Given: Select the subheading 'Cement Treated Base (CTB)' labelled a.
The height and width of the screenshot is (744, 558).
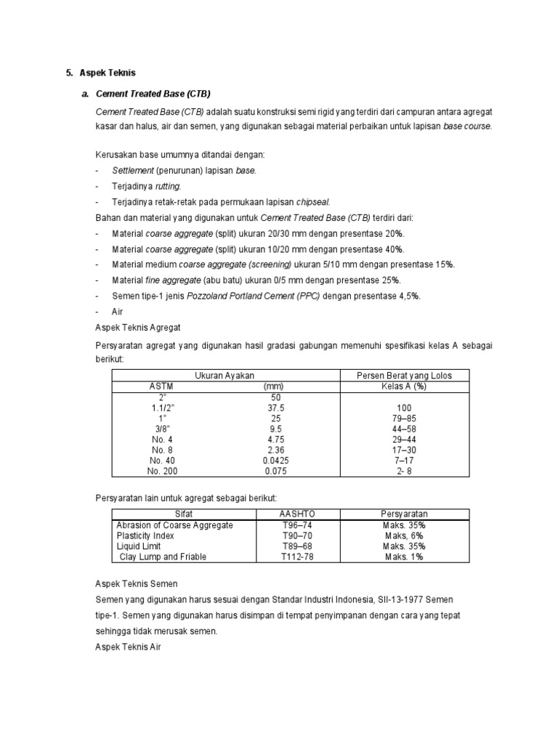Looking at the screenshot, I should coord(153,94).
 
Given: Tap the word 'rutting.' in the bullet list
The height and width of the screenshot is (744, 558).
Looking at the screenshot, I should coord(167,186).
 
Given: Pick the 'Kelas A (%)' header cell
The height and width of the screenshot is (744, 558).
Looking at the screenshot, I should coord(405,387).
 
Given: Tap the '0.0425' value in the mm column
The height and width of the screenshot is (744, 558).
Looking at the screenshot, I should coord(274,461).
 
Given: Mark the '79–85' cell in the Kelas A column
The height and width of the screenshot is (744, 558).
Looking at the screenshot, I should coord(405,418).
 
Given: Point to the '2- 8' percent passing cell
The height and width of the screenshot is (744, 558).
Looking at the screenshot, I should coord(405,471).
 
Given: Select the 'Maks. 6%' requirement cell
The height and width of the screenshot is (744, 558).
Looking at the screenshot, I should coord(404,535).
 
